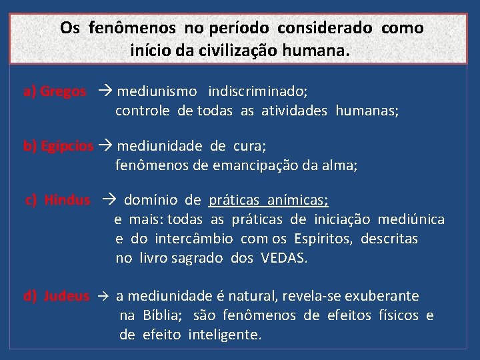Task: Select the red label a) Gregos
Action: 55,91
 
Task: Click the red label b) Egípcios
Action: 59,146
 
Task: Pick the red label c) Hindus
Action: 58,200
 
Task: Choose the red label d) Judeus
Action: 57,296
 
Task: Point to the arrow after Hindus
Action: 109,200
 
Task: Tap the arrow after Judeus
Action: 102,296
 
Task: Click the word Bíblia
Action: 161,315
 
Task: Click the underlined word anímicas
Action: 298,200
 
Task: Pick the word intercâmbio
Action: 194,239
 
